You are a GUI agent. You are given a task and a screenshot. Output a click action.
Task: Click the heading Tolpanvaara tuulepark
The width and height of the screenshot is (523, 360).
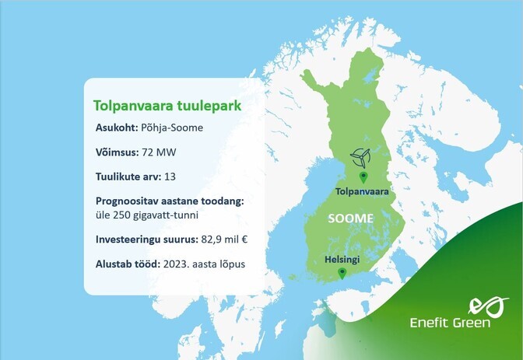coord(167,105)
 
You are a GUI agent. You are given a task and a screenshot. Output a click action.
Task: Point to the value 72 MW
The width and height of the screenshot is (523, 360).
coord(167,152)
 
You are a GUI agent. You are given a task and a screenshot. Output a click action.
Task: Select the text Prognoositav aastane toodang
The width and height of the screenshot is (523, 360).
coord(169,201)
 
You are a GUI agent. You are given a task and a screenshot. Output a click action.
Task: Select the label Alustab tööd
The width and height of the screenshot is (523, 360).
coord(126,264)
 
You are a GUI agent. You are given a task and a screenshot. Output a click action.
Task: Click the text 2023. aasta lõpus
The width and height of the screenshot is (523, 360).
coord(204,264)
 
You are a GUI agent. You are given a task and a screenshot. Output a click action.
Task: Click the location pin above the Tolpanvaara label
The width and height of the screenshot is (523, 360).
coord(360,178)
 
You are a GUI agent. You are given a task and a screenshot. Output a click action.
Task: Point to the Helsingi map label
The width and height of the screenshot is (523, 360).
coord(342,259)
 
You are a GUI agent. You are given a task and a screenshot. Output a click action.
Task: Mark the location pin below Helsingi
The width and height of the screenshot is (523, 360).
coord(342,272)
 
